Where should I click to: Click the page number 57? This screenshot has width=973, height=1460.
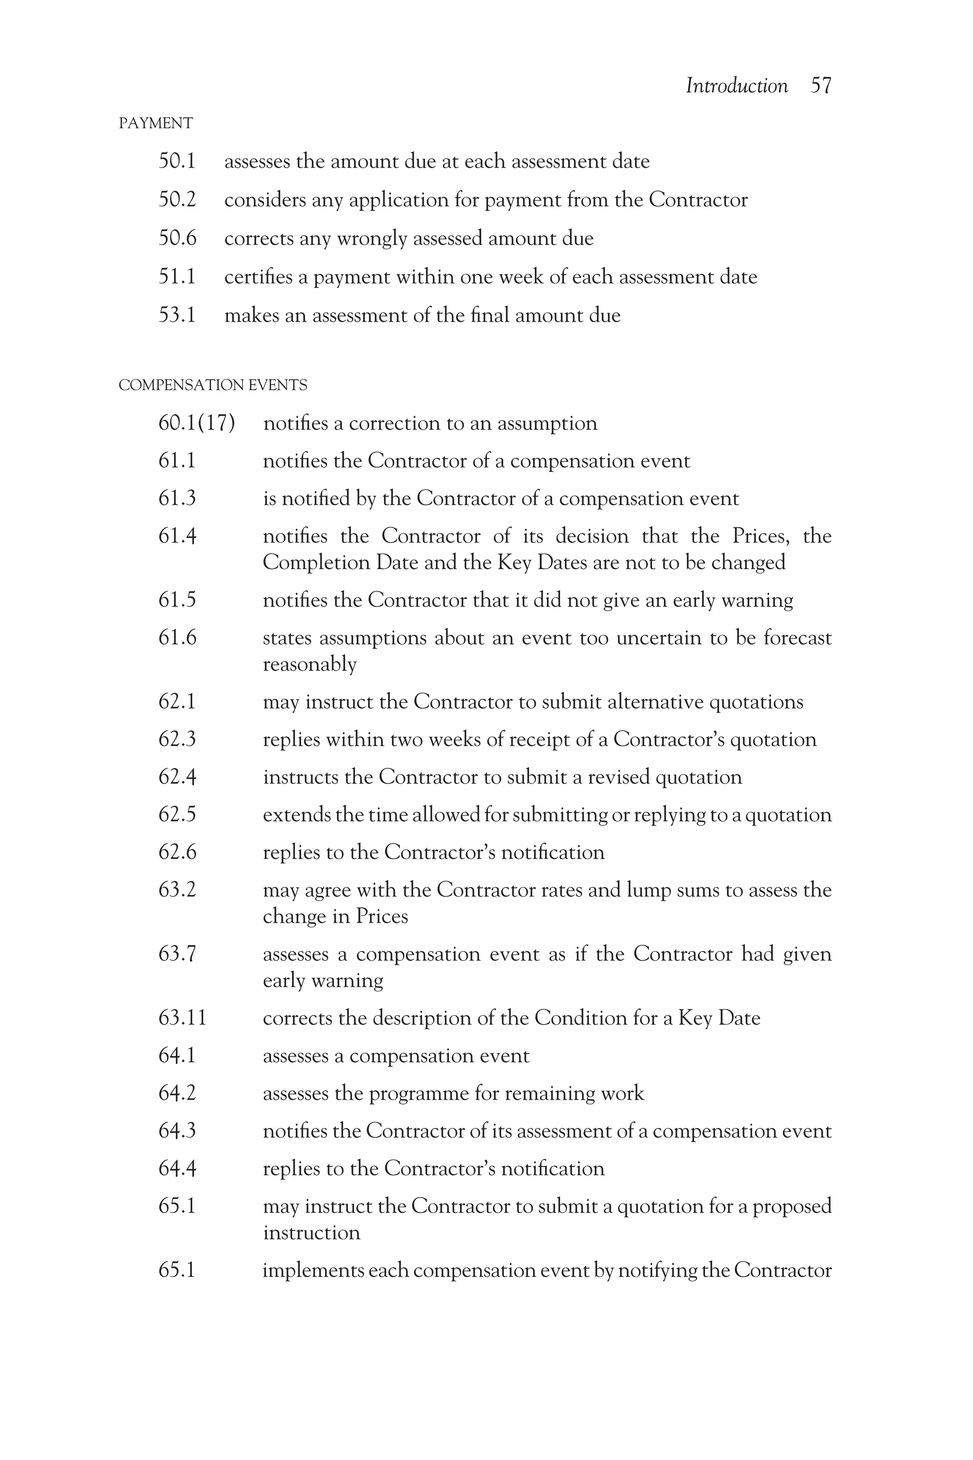[x=820, y=86]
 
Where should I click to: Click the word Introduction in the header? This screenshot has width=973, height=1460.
[x=736, y=86]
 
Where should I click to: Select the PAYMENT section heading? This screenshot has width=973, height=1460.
[x=156, y=124]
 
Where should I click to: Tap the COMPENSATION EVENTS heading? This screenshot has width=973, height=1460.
[x=213, y=385]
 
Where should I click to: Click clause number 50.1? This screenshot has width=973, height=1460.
[x=178, y=162]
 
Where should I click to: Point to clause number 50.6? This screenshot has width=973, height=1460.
[x=178, y=239]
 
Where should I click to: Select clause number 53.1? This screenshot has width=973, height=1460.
[x=178, y=316]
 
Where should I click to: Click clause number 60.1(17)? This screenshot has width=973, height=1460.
[x=197, y=423]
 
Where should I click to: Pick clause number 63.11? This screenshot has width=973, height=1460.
[x=182, y=1018]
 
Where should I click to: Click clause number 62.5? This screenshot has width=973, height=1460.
[x=178, y=815]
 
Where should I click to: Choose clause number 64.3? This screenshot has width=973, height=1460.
[x=178, y=1131]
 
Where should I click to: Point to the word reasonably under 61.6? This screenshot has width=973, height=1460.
[x=310, y=665]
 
